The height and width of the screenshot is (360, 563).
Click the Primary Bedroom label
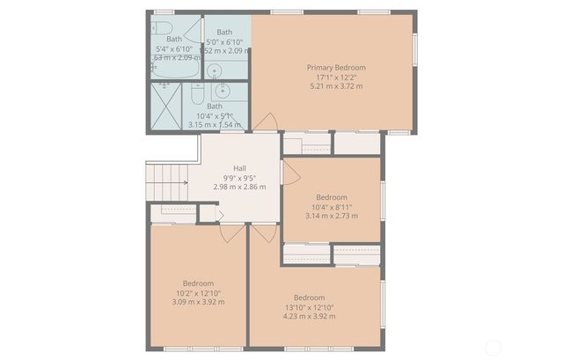pyautogui.click(x=336, y=67)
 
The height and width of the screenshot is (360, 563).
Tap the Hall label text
pyautogui.click(x=239, y=168)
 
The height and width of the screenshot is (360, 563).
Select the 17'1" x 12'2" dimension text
pyautogui.click(x=336, y=77)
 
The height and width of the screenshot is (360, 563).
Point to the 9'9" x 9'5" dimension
pyautogui.click(x=239, y=178)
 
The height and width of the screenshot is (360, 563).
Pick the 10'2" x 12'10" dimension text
pyautogui.click(x=198, y=293)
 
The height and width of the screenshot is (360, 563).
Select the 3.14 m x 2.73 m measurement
pyautogui.click(x=332, y=216)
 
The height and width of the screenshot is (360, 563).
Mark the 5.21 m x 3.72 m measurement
pyautogui.click(x=336, y=86)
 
